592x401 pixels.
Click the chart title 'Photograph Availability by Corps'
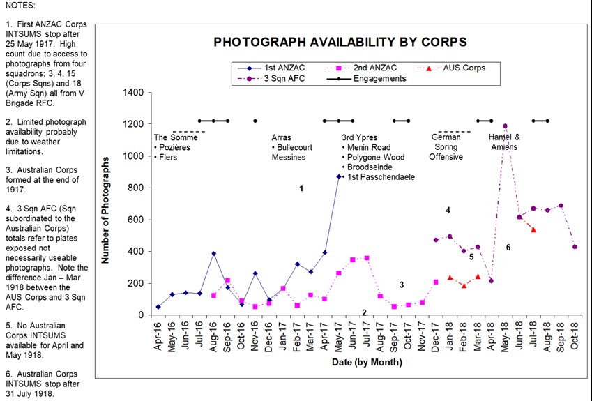tap(340, 43)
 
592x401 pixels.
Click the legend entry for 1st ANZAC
tap(282, 68)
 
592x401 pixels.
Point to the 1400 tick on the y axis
tap(132, 93)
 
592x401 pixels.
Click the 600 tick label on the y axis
tap(135, 220)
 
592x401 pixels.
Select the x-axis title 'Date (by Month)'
tap(366, 362)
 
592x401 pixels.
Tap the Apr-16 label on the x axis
tap(158, 335)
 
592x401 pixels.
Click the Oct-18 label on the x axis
tap(574, 335)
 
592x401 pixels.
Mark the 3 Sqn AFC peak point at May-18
tap(505, 126)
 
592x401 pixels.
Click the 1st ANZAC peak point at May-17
tap(339, 176)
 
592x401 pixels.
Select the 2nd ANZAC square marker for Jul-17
tap(367, 258)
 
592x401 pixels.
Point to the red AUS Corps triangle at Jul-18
tap(533, 229)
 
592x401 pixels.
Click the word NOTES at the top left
tap(20, 5)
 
